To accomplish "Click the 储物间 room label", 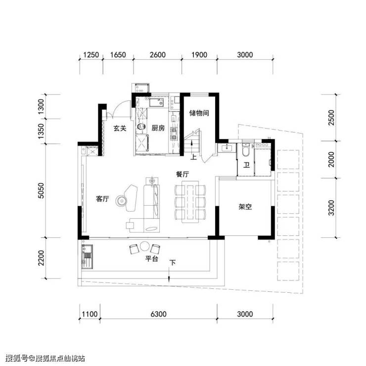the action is click(x=199, y=113).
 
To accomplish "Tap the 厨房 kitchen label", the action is click(x=158, y=128).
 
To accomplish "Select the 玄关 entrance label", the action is click(x=120, y=128).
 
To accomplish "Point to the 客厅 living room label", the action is click(x=102, y=199).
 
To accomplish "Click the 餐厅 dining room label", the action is click(x=183, y=174).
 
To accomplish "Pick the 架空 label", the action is click(x=245, y=207).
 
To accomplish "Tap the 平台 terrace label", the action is click(x=152, y=259).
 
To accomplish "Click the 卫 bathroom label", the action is click(x=246, y=165).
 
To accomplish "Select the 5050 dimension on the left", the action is click(x=41, y=191).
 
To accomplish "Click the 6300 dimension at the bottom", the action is click(x=158, y=314).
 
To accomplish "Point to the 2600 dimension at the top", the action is click(x=158, y=55).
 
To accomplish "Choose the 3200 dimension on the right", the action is click(x=331, y=208).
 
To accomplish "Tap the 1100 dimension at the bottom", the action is click(x=90, y=314).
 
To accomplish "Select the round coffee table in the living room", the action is click(x=121, y=200).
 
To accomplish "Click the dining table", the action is click(x=190, y=202).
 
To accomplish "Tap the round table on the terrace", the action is click(x=144, y=246).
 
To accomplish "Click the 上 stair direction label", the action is click(x=193, y=157).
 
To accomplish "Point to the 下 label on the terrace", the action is click(x=172, y=263).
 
